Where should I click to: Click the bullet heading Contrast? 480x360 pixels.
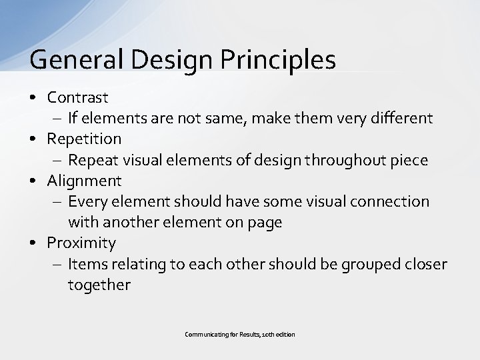coord(77,97)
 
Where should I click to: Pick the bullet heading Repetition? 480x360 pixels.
coord(84,139)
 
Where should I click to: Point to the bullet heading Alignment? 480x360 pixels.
coord(84,180)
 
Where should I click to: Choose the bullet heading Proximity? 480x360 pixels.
coord(81,242)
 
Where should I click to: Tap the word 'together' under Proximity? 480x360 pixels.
coord(99,285)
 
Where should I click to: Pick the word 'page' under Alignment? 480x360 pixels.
coord(265,223)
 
